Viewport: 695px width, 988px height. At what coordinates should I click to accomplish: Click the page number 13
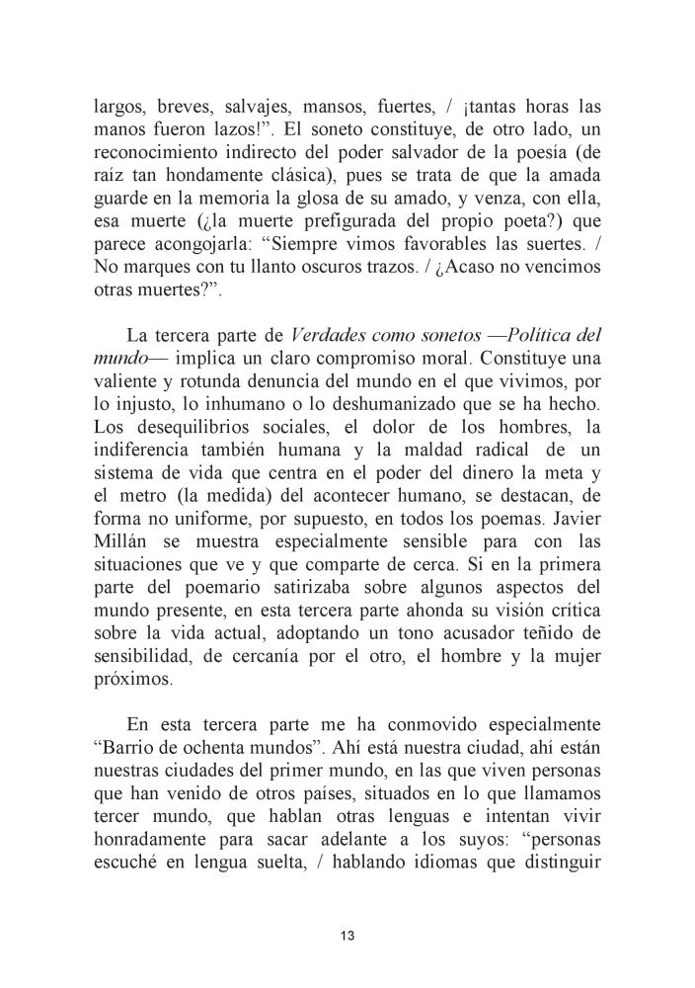tap(347, 936)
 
